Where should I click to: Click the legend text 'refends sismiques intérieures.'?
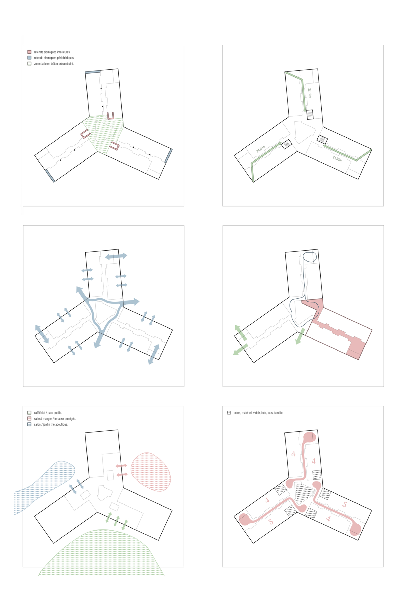click(52, 52)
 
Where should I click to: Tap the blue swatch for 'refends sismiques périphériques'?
click(29, 58)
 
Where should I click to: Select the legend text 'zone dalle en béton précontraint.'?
click(54, 64)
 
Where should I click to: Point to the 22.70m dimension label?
click(309, 93)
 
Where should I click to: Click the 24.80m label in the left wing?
click(261, 149)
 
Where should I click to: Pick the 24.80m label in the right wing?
click(337, 158)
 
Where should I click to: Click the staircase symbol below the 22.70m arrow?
click(310, 114)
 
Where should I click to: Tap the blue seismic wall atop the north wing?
click(93, 72)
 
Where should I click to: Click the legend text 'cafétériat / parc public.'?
click(48, 413)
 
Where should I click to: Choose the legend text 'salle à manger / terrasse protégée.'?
click(55, 419)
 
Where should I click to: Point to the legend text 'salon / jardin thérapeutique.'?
click(51, 424)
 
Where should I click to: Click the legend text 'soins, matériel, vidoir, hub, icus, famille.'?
click(258, 413)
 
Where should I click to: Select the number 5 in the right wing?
click(345, 504)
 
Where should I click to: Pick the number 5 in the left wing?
click(271, 522)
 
